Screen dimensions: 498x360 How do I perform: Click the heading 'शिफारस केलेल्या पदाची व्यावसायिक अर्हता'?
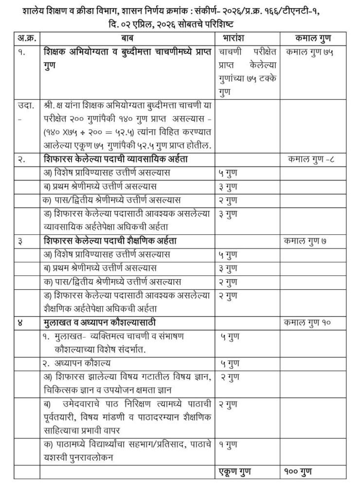(115, 160)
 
